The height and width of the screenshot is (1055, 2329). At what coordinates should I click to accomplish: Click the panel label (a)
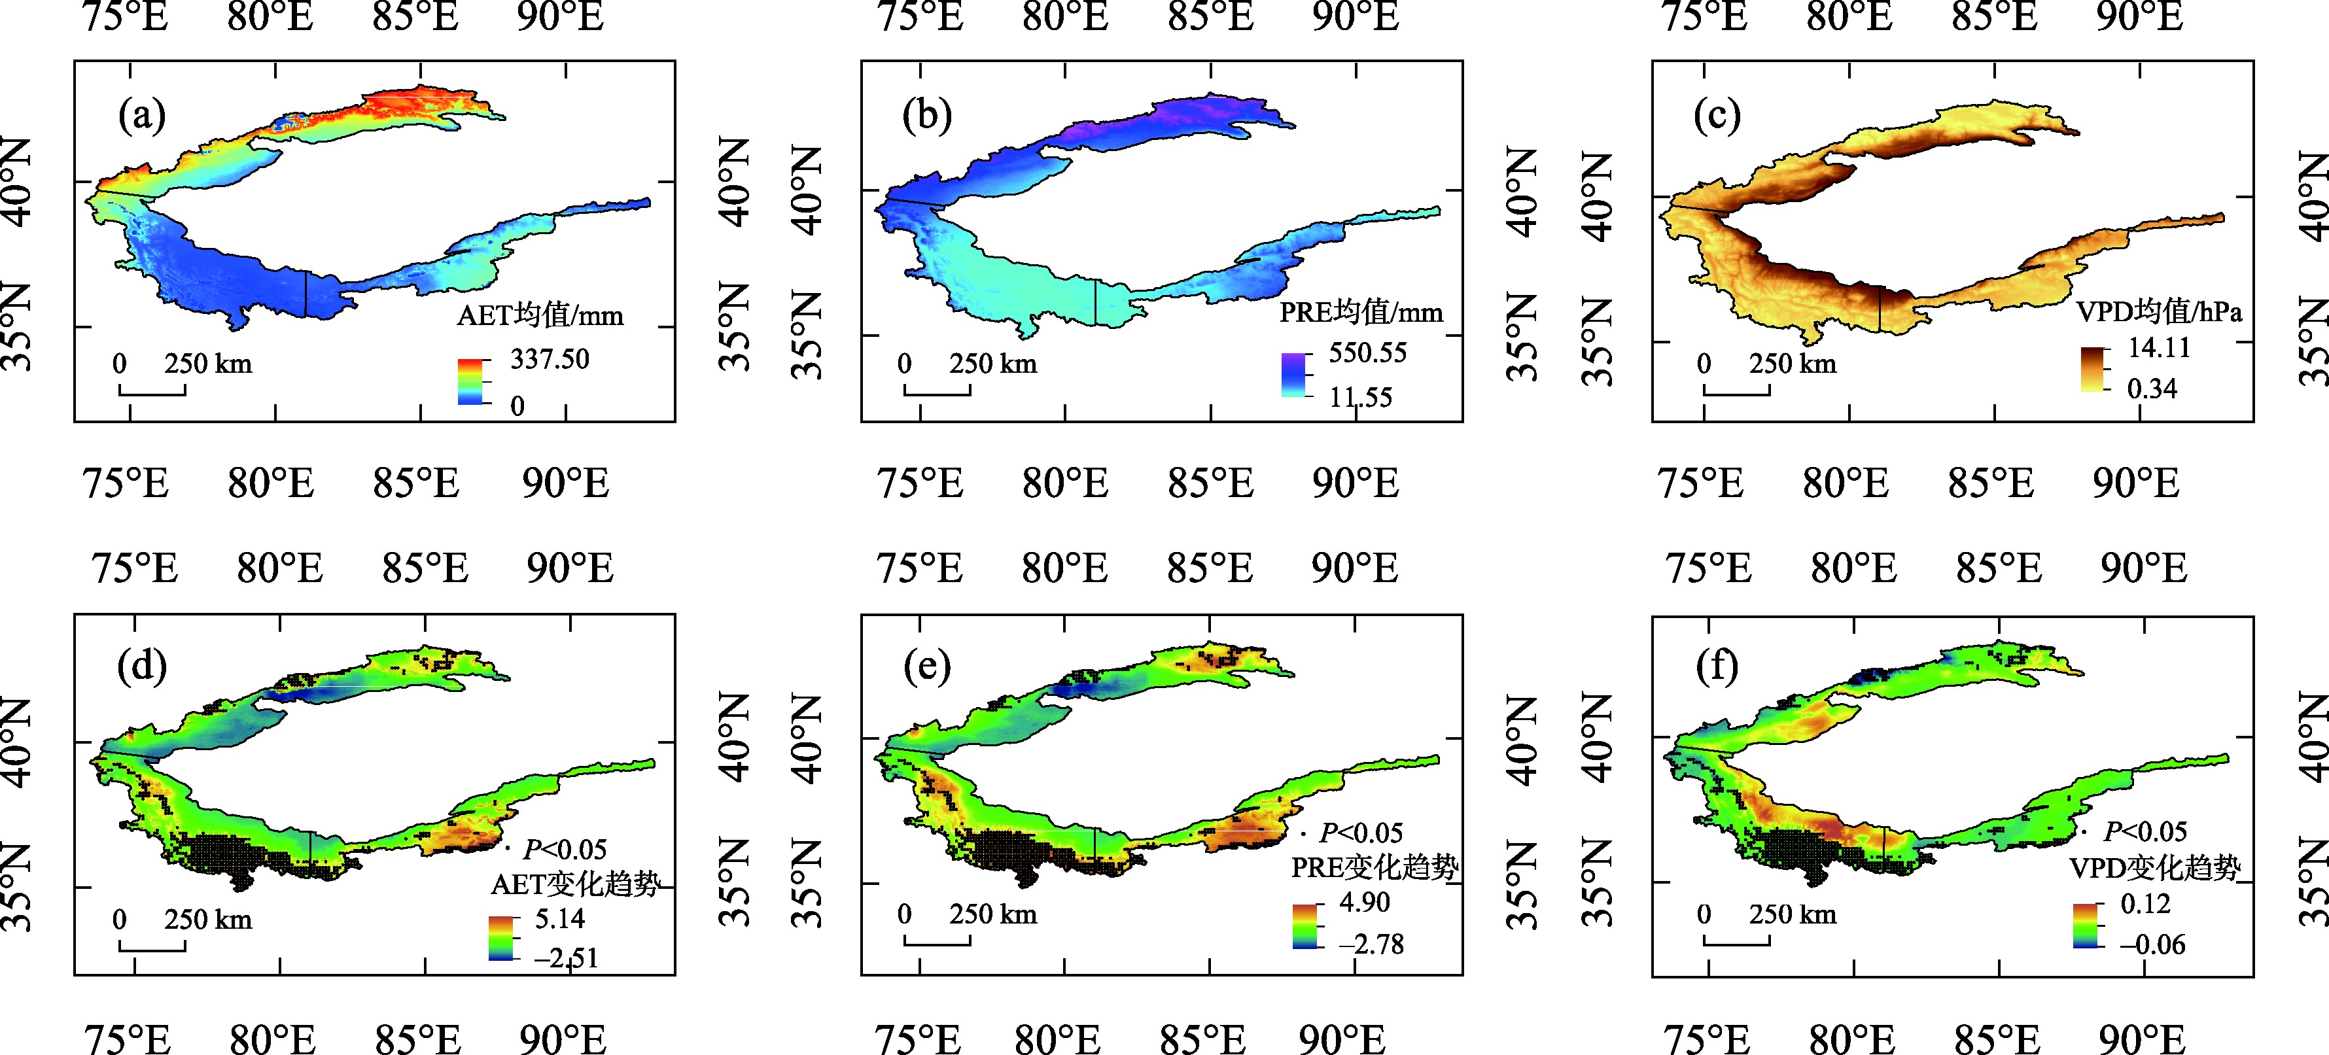[x=142, y=116]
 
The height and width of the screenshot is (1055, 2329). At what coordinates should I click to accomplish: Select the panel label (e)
[x=927, y=666]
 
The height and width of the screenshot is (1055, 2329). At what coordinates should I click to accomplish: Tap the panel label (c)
[x=1716, y=116]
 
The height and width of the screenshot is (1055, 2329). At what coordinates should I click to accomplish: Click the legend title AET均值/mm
[x=540, y=315]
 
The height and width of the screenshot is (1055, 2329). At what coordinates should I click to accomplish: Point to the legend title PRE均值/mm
[x=1361, y=313]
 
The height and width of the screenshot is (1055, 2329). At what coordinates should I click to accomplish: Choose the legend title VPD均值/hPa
[x=2159, y=312]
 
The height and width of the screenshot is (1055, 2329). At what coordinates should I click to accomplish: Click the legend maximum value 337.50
[x=550, y=359]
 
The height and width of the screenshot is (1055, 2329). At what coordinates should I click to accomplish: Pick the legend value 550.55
[x=1367, y=353]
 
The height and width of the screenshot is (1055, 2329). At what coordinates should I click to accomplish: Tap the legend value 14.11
[x=2159, y=347]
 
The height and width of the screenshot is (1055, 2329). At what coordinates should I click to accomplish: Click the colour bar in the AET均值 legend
[x=470, y=381]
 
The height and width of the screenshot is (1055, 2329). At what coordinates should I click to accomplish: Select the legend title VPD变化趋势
[x=2154, y=868]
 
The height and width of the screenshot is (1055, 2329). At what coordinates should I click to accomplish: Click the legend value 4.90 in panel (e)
[x=1364, y=902]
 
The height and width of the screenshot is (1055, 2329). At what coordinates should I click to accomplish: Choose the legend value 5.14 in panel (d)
[x=559, y=918]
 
